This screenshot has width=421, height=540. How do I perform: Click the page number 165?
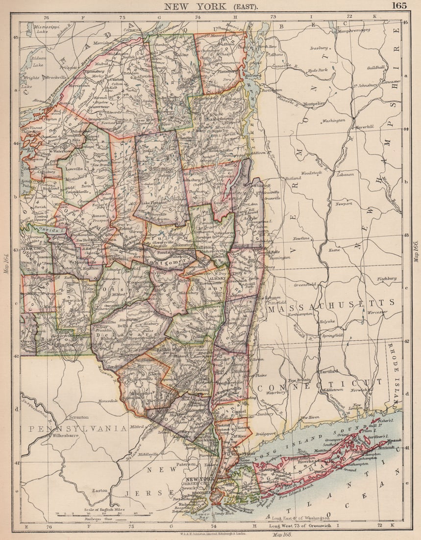coord(399,6)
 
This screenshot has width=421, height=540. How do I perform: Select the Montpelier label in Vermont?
coord(314,104)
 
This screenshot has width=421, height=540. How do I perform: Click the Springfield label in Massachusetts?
coord(332,335)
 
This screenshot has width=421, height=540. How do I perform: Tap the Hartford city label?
coord(328,372)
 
